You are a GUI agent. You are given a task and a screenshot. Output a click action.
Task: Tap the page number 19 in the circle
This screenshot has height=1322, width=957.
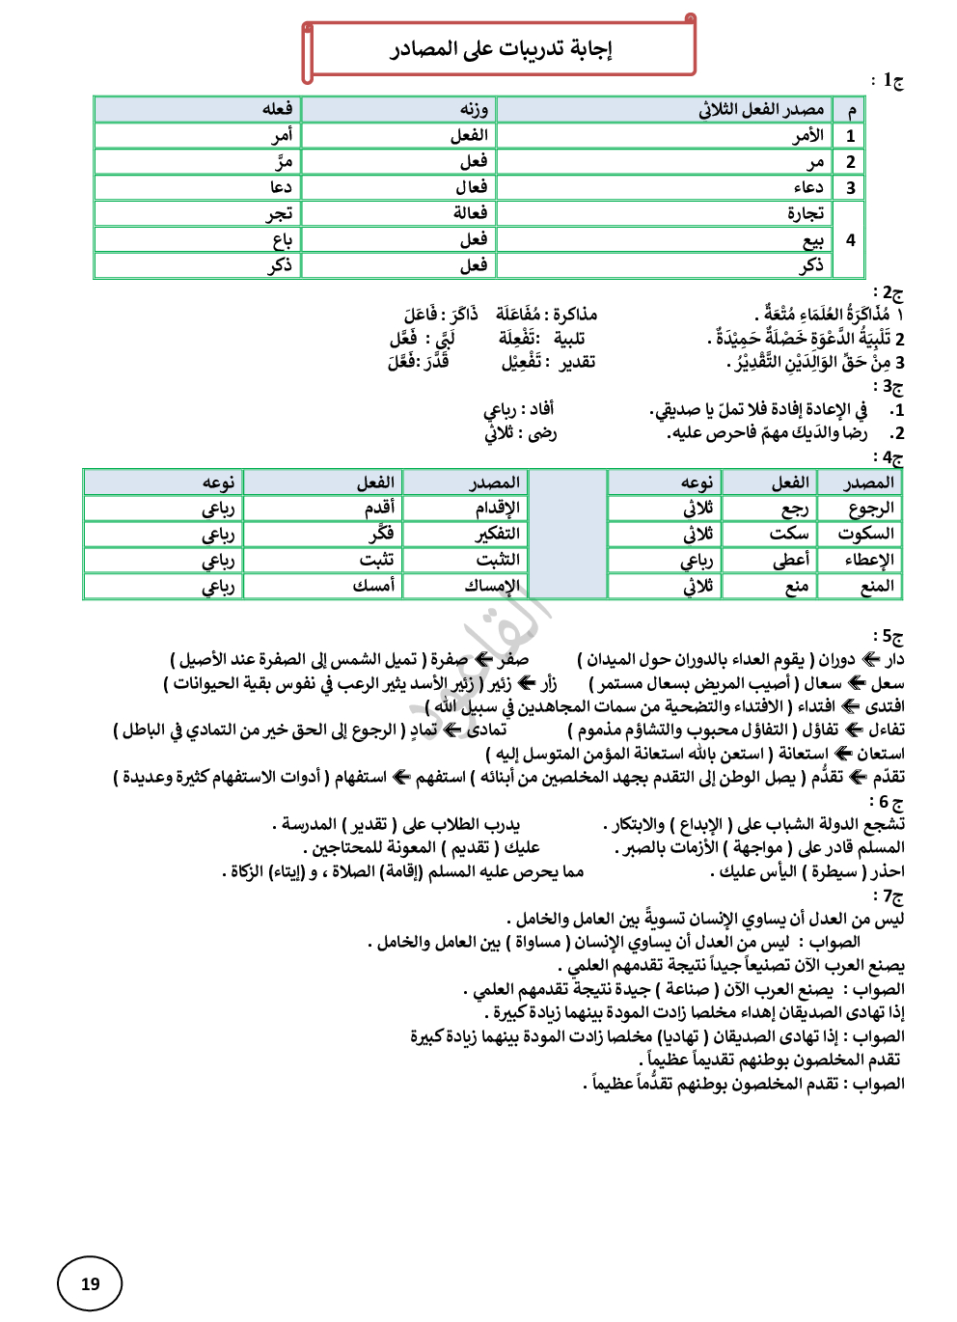(x=90, y=1283)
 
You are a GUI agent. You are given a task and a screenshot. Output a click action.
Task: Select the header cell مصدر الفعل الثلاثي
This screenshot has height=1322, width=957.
(x=761, y=110)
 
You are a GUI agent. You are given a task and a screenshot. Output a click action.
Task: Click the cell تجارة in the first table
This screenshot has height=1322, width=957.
(x=806, y=213)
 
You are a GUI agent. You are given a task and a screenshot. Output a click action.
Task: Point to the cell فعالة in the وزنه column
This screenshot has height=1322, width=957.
(x=471, y=213)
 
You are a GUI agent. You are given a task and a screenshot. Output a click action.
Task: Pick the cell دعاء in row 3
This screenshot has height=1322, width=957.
(x=808, y=187)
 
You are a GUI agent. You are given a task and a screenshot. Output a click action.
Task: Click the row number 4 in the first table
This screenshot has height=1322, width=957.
(x=850, y=239)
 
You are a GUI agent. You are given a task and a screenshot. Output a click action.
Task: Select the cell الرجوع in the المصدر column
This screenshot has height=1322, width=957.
(x=871, y=509)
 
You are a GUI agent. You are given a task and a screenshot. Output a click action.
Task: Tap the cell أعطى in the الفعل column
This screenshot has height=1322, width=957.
(x=791, y=560)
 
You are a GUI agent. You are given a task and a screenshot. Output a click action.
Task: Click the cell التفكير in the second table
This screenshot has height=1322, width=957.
(x=498, y=534)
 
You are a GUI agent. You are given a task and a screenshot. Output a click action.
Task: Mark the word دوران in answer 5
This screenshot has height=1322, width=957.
(x=836, y=660)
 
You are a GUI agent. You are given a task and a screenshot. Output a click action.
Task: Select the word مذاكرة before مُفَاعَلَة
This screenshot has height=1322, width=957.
(x=575, y=315)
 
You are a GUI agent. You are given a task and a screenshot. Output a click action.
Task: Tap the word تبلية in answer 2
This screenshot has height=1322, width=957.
(x=569, y=338)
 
